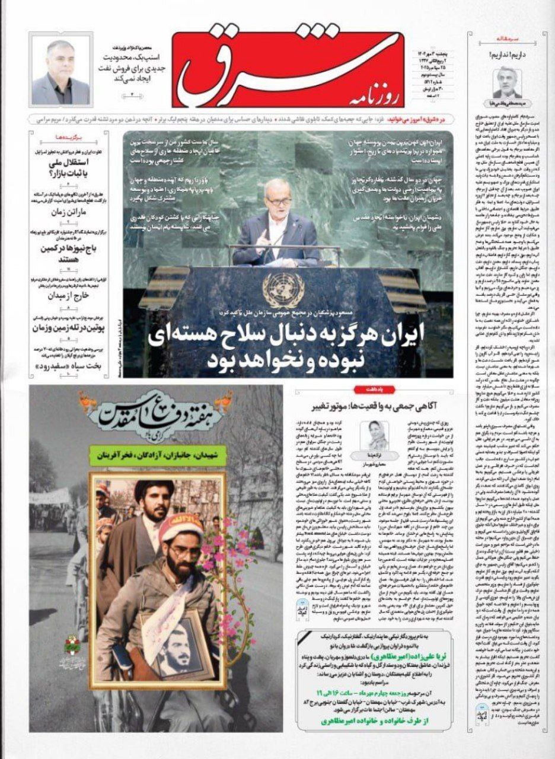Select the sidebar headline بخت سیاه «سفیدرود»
[61, 366]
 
